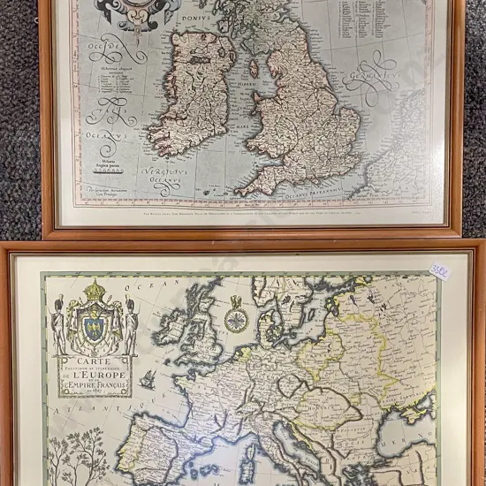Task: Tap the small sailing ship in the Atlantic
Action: (x=148, y=381)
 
